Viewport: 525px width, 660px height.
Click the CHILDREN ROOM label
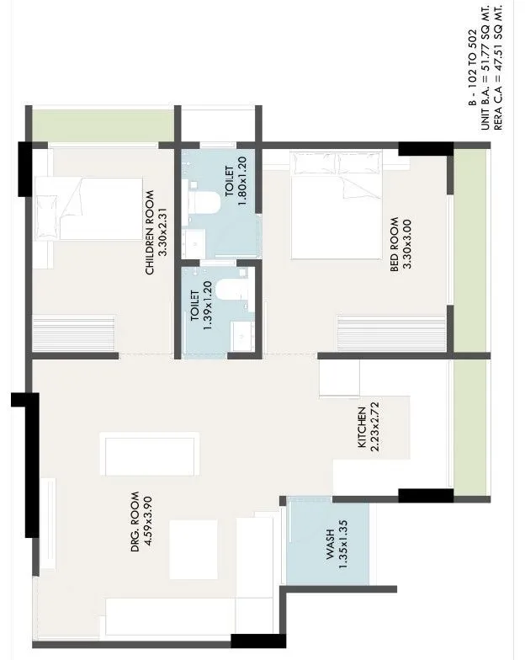tap(150, 232)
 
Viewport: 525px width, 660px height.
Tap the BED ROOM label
tap(394, 242)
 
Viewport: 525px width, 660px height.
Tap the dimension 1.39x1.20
tap(209, 312)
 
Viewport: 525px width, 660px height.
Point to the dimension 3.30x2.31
tap(163, 232)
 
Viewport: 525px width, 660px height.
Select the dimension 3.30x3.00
tap(407, 242)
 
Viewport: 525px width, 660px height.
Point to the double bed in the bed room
tap(337, 206)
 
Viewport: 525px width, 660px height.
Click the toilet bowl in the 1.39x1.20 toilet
tap(228, 291)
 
